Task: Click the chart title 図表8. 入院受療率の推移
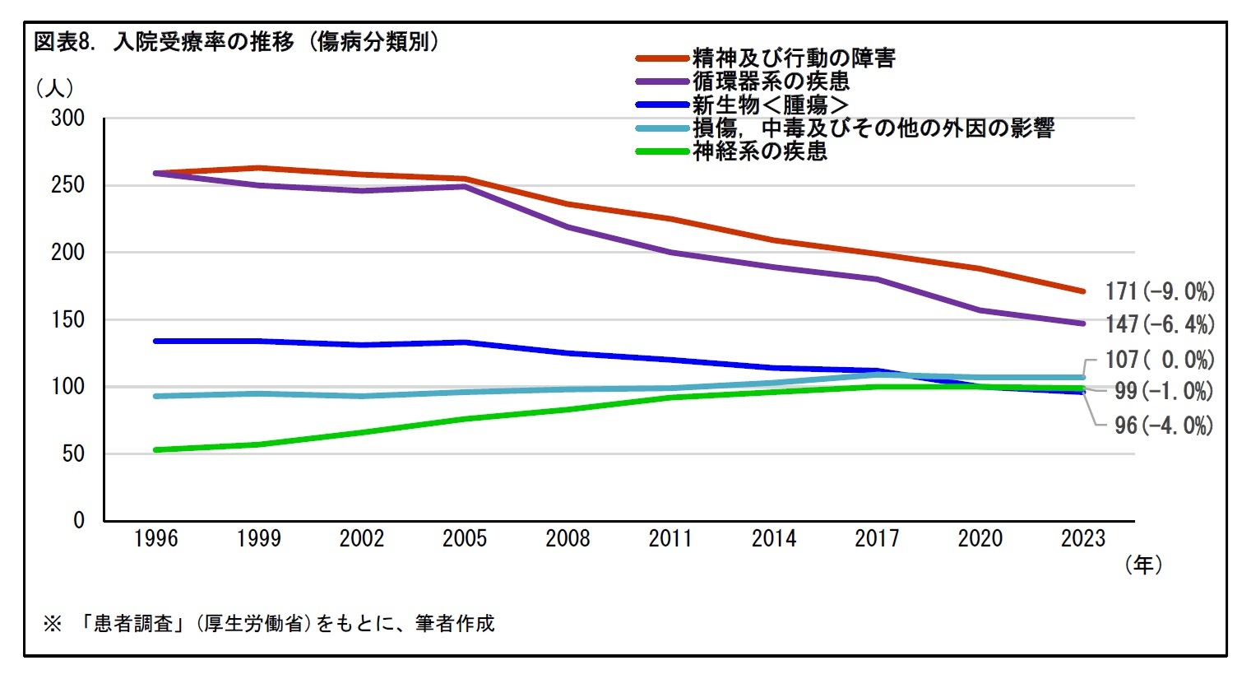pos(236,42)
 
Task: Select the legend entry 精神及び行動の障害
pos(793,58)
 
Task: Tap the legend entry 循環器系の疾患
pos(770,81)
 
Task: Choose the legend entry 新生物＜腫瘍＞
pos(770,105)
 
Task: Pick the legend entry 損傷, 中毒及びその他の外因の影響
pos(873,128)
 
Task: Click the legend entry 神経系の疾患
pos(759,151)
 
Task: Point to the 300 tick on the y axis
pos(68,118)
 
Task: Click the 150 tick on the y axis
pos(68,319)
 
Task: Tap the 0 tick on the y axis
pos(79,520)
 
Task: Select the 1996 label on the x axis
pos(155,538)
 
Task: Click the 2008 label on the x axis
pos(568,538)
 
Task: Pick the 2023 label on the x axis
pos(1082,538)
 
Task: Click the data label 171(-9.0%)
pos(1160,291)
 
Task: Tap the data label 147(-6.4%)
pos(1160,324)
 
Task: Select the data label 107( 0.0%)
pos(1160,360)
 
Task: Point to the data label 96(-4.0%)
pos(1164,426)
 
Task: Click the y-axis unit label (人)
pos(55,87)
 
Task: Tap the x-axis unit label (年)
pos(1143,565)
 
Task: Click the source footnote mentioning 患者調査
pos(269,623)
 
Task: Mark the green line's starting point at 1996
pos(155,450)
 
